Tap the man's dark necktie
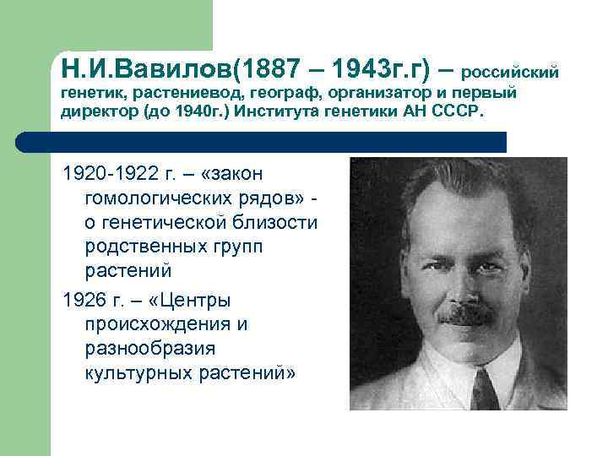coord(486,390)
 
